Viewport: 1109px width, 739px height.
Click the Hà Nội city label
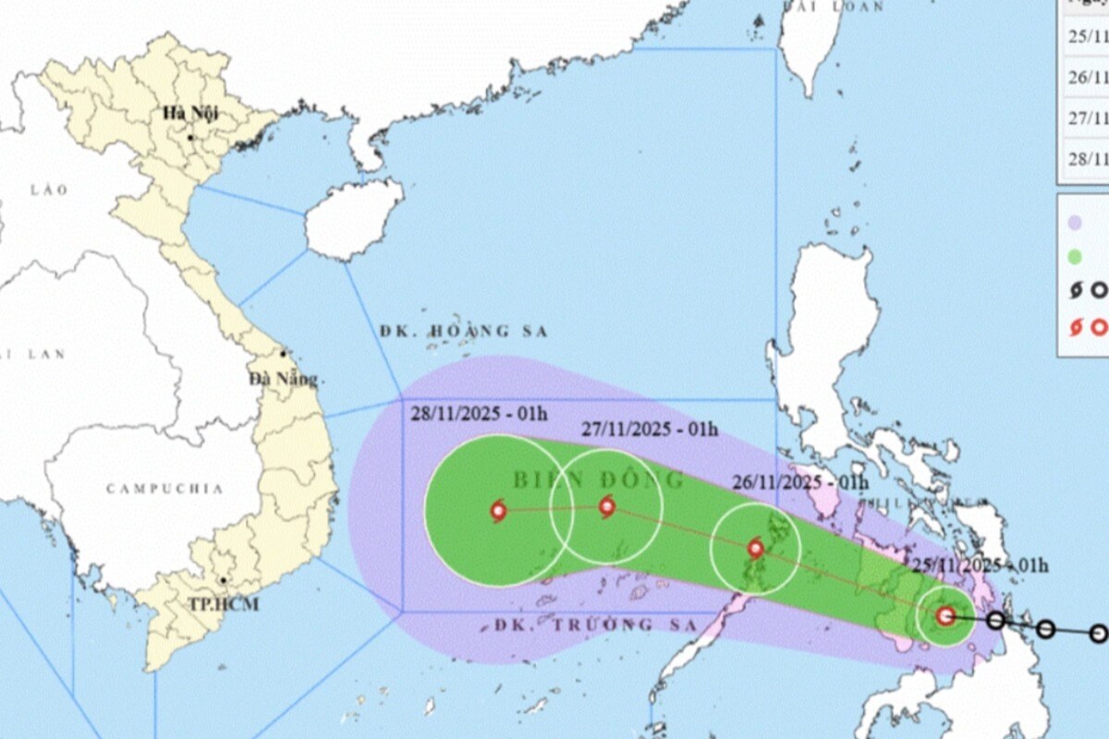click(189, 114)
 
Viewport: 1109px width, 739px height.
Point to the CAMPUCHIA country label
click(165, 489)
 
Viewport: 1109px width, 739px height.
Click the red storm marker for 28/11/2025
click(498, 510)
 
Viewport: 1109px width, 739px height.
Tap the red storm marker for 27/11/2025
click(606, 505)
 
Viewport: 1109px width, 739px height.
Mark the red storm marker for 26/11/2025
click(755, 548)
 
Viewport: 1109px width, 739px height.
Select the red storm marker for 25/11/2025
click(944, 615)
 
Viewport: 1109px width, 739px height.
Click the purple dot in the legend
click(1075, 223)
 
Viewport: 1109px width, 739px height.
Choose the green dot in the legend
click(1075, 257)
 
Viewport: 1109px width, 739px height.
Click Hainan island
click(352, 218)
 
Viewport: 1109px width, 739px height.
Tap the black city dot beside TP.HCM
click(223, 581)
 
